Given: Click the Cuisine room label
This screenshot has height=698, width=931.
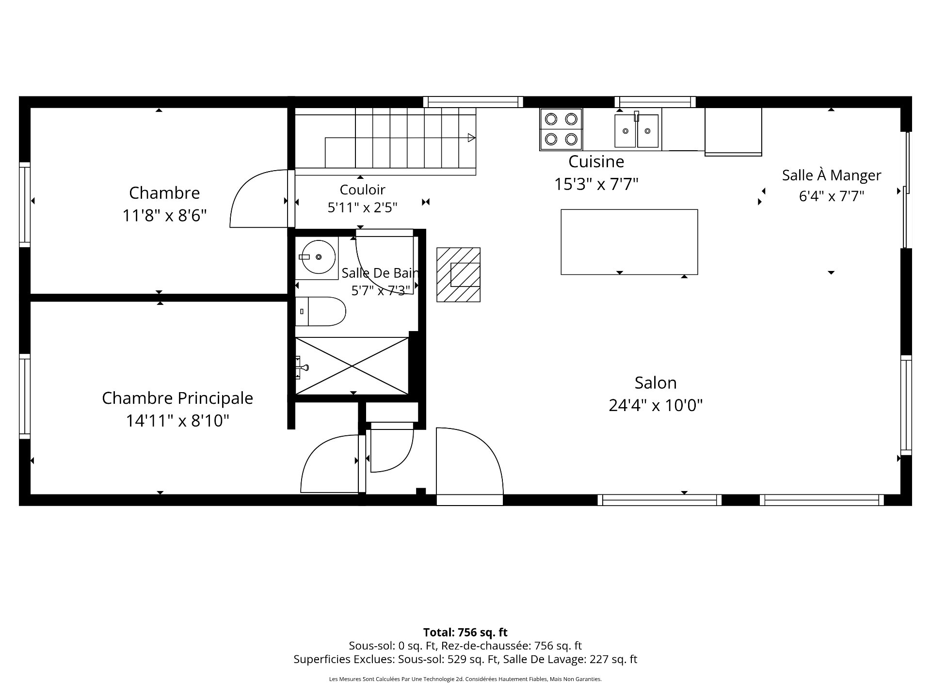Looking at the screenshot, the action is (x=596, y=161).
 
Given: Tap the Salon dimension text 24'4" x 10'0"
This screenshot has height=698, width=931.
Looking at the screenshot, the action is (x=656, y=405).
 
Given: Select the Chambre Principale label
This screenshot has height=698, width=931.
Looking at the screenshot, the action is (x=177, y=398).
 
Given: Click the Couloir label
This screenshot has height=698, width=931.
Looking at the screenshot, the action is (x=362, y=190).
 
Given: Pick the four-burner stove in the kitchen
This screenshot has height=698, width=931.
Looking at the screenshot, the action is (x=561, y=129).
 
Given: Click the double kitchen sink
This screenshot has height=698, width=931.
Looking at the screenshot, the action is (x=637, y=130).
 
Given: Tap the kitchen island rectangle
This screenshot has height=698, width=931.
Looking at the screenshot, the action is (x=629, y=242).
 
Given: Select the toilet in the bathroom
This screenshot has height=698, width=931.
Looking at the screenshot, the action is (x=320, y=311).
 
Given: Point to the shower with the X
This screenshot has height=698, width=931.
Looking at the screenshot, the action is (x=352, y=366).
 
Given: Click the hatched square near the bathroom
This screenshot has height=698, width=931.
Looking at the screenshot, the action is (x=458, y=275).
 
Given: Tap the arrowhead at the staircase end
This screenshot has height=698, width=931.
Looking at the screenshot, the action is (x=471, y=138).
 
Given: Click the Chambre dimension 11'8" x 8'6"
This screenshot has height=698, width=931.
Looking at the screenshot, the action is (x=165, y=215).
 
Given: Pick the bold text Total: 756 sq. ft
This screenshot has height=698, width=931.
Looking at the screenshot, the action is (x=465, y=632).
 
